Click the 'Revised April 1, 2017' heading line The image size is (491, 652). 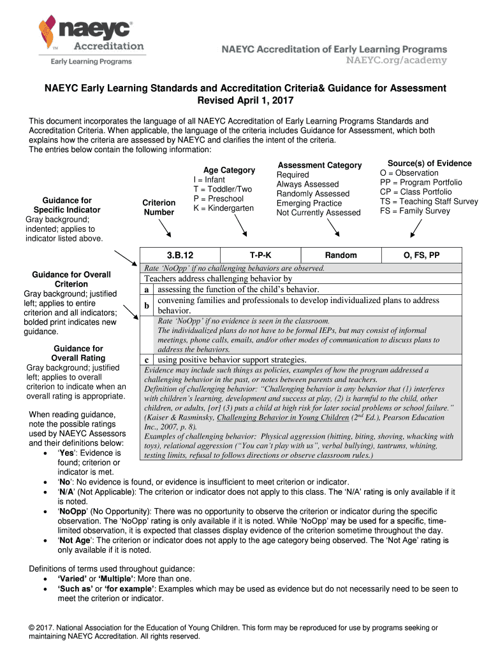(x=245, y=101)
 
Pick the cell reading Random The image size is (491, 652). (x=341, y=255)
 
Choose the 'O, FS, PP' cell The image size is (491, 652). (x=421, y=255)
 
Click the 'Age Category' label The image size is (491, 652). (x=229, y=170)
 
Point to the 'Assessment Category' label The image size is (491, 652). (x=319, y=165)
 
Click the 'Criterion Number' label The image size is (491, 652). (x=159, y=208)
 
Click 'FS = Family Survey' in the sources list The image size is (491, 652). (x=414, y=211)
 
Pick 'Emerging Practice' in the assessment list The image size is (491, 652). (x=309, y=203)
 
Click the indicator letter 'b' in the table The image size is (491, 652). (x=147, y=306)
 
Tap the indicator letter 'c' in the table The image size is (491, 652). (x=147, y=360)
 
